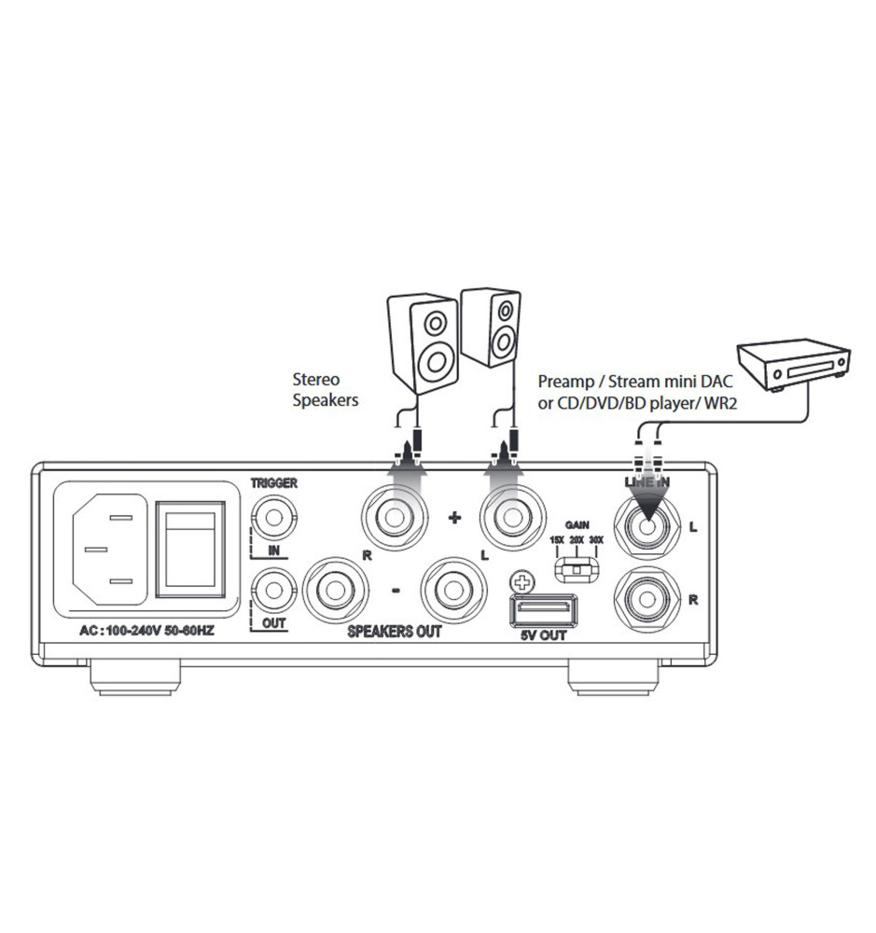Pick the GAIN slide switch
[577, 566]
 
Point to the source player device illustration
[793, 365]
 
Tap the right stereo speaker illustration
[491, 327]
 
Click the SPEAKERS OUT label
[394, 632]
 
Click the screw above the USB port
[522, 584]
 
